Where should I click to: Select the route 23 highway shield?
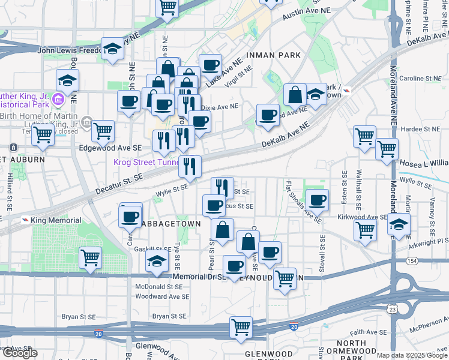click(x=391, y=309)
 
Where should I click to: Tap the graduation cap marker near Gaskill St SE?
click(x=157, y=260)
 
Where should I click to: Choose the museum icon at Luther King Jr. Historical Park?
click(x=58, y=98)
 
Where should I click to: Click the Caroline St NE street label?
click(x=420, y=79)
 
